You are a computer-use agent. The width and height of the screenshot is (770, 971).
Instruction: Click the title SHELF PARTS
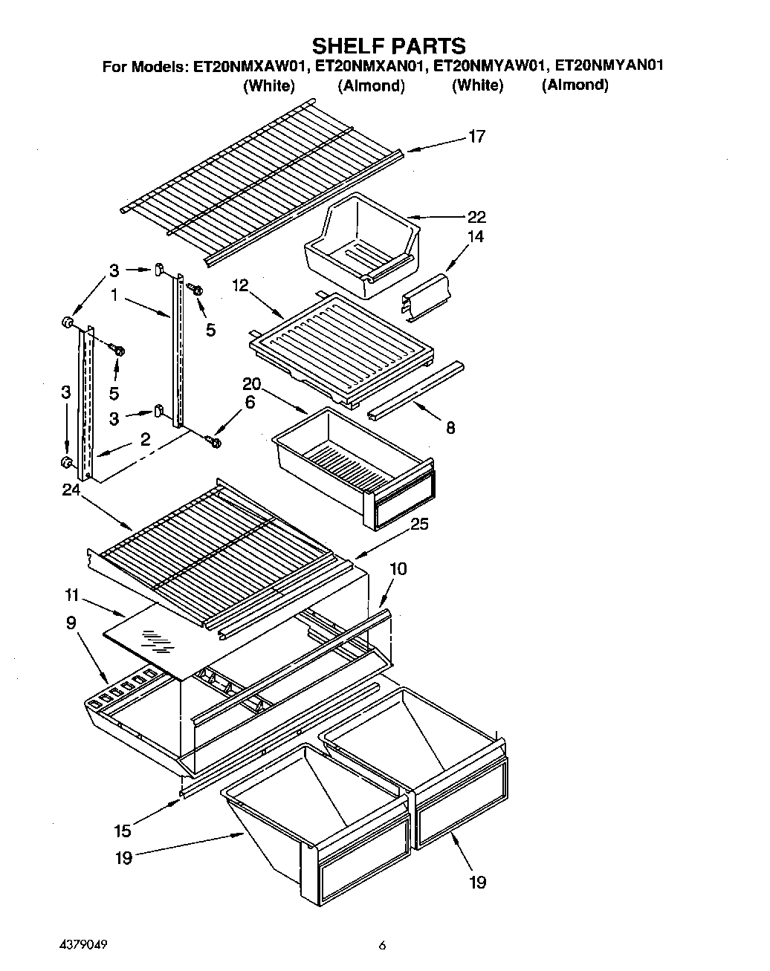click(387, 45)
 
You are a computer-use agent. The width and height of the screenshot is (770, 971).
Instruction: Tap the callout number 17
click(476, 136)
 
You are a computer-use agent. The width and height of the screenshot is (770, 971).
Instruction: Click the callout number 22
click(476, 217)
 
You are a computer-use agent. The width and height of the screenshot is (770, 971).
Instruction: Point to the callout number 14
click(476, 236)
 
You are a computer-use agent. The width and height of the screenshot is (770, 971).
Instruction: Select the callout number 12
click(239, 285)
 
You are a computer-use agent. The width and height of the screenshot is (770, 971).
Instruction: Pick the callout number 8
click(450, 428)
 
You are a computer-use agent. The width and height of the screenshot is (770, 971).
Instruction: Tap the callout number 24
click(71, 490)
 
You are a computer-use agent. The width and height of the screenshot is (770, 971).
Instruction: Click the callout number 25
click(420, 524)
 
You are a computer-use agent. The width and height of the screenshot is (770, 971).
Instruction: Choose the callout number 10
click(398, 568)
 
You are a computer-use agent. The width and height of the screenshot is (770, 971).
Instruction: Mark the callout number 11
click(71, 595)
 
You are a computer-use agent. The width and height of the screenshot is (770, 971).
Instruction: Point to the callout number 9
click(71, 623)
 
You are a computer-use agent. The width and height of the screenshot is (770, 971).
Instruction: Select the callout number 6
click(250, 402)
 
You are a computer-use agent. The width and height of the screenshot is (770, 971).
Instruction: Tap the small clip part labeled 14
click(427, 298)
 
